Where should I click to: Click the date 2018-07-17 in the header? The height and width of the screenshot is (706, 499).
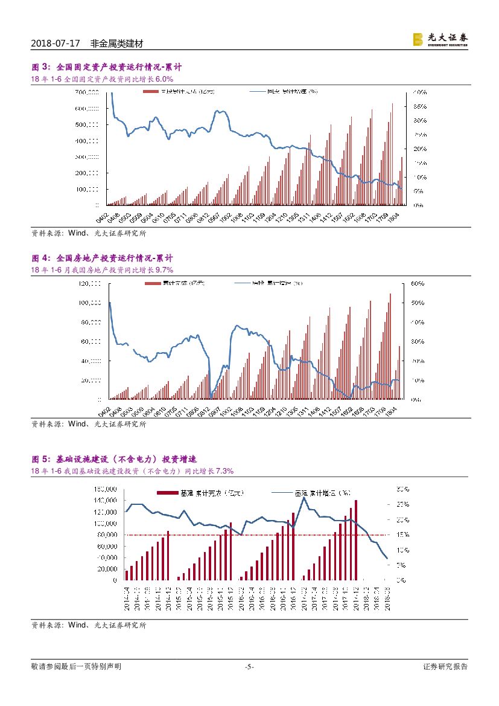(55, 44)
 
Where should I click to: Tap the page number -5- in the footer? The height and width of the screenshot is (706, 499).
(249, 667)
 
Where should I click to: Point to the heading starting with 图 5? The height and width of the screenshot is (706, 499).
(114, 459)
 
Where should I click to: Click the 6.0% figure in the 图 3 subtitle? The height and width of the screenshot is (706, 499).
(164, 79)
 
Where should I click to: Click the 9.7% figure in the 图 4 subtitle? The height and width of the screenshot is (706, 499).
(164, 270)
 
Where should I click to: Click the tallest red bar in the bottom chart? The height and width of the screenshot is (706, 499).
(356, 540)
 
